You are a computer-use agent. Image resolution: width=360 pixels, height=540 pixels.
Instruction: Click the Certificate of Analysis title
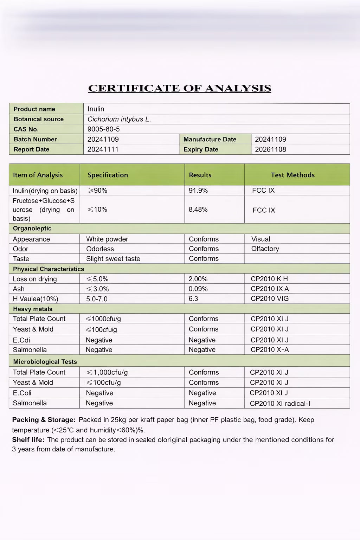(x=180, y=88)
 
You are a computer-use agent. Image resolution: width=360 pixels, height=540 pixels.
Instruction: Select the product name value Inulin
(x=96, y=109)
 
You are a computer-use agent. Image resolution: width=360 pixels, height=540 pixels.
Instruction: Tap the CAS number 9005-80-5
(x=104, y=129)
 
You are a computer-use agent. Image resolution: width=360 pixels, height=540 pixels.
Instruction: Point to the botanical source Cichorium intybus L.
(x=119, y=119)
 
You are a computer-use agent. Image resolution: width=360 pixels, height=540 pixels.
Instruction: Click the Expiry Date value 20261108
(x=270, y=149)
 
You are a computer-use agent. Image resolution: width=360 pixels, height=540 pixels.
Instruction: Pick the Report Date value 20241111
(x=103, y=149)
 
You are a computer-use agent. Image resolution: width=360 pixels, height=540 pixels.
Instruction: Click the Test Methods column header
(x=292, y=175)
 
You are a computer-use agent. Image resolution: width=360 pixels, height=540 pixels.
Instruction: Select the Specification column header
(x=108, y=175)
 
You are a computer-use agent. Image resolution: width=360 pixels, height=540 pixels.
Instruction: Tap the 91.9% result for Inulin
(x=198, y=191)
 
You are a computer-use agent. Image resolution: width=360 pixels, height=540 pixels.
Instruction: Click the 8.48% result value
(x=198, y=210)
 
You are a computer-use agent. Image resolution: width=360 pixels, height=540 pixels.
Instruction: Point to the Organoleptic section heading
(x=32, y=229)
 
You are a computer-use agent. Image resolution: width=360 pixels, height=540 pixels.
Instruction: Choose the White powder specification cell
(x=107, y=239)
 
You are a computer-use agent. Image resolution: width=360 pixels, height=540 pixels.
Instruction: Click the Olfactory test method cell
(x=265, y=249)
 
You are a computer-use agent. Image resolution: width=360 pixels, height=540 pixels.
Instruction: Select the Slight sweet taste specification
(x=113, y=259)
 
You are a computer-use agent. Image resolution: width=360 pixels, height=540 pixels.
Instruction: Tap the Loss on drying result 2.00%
(x=198, y=279)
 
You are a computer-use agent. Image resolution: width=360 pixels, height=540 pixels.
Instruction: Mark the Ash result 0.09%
(x=198, y=289)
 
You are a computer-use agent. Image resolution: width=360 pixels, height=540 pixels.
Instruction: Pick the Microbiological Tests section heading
(x=45, y=362)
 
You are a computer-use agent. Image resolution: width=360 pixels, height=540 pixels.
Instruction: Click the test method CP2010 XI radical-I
(x=280, y=404)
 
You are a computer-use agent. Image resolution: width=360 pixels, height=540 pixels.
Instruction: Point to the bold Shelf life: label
(x=28, y=440)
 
